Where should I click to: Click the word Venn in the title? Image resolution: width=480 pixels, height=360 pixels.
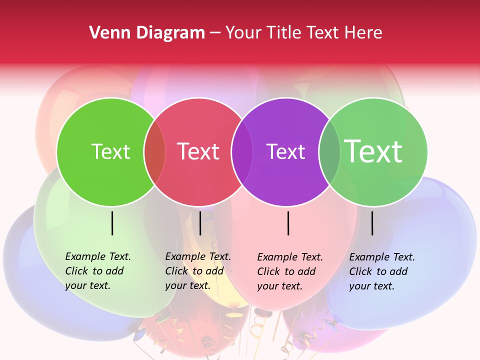107,32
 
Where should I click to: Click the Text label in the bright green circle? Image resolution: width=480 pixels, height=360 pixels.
110,151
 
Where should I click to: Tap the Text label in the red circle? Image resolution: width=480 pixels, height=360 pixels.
198,151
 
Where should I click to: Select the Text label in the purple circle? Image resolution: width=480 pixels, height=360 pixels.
286,151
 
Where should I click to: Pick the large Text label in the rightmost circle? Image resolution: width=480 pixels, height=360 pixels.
373,151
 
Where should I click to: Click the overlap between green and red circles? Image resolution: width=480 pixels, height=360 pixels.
154,152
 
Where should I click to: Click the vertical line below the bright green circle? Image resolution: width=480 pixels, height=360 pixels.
112,223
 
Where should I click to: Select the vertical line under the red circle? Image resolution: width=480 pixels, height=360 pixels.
200,223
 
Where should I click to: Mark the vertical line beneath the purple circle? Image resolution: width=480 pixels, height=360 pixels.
288,223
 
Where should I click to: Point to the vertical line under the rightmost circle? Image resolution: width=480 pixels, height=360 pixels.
372,223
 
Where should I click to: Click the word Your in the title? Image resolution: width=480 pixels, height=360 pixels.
243,32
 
